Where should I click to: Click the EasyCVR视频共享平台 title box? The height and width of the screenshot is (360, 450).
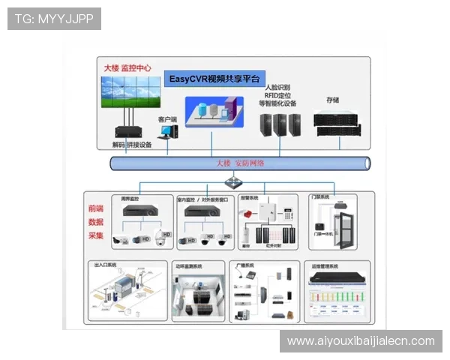point(214,79)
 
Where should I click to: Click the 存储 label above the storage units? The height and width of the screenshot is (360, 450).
point(332,100)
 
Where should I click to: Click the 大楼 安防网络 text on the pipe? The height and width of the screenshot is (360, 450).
point(239,163)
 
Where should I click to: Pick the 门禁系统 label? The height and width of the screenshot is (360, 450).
point(320,197)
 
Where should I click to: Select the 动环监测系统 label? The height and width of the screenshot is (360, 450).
point(189,265)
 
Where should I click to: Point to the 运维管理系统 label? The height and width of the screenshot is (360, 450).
point(325,265)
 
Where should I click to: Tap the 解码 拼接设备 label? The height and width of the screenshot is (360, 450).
point(131,145)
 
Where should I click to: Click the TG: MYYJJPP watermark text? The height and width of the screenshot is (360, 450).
point(54,19)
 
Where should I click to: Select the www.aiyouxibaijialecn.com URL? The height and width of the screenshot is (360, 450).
point(361,341)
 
